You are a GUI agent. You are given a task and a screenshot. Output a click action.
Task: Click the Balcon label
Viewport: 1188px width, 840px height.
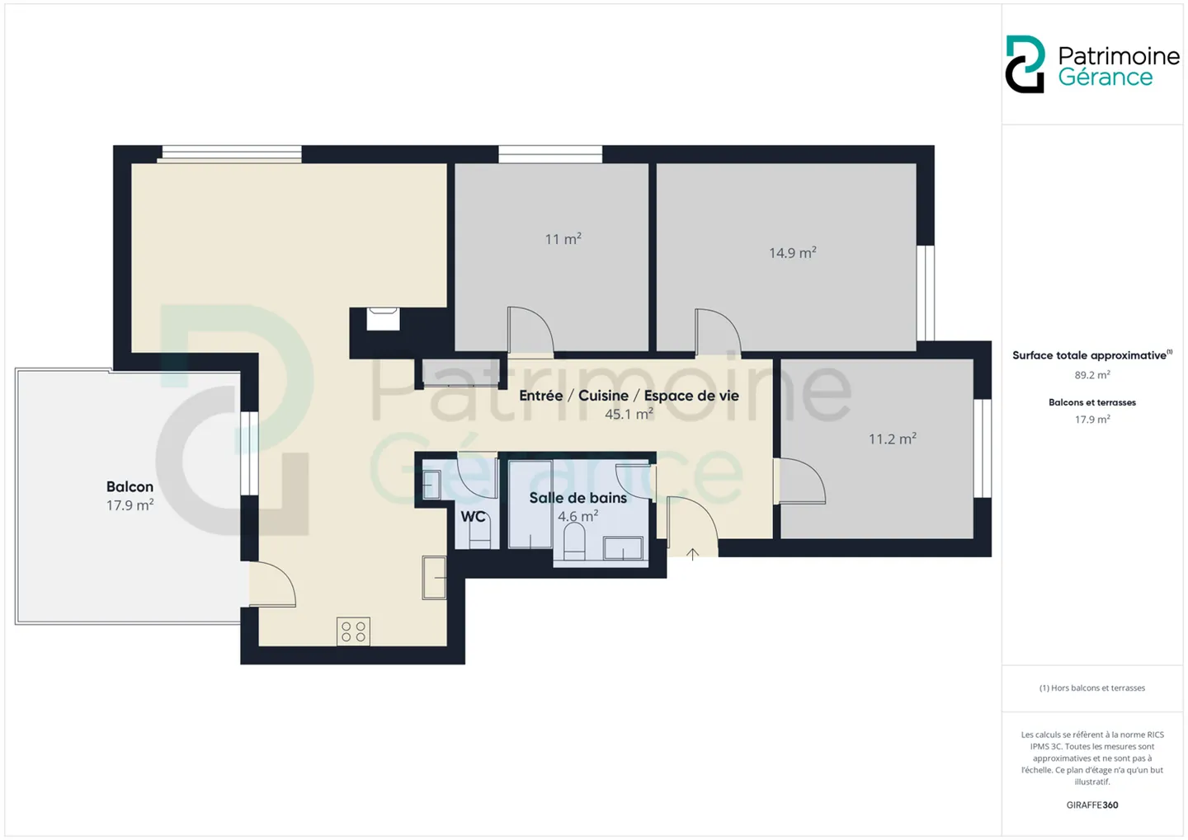point(130,486)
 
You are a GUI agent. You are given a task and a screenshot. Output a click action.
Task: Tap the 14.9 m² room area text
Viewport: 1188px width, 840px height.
point(792,253)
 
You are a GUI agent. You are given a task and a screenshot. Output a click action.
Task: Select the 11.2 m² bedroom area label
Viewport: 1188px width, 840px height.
point(892,439)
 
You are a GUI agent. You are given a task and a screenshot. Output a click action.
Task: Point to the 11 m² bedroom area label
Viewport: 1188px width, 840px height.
point(563,239)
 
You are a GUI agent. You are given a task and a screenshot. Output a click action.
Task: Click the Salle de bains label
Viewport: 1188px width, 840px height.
point(578,498)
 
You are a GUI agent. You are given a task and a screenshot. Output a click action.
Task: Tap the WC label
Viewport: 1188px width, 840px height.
point(473,516)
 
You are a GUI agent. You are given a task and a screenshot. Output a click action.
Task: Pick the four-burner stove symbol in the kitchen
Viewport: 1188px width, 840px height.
point(353,631)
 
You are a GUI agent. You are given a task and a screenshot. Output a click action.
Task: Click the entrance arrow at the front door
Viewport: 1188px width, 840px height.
point(692,554)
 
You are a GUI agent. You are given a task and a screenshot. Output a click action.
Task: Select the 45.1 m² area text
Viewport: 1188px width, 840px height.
point(629,414)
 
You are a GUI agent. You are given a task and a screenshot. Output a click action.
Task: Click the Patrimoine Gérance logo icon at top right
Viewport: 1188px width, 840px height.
point(1025,64)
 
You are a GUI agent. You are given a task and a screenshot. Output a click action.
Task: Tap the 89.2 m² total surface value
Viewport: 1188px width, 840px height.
point(1092,375)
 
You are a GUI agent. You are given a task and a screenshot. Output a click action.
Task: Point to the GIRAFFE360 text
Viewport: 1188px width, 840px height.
point(1092,805)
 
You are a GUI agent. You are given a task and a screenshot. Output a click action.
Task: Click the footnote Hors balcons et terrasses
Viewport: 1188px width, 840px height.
point(1092,687)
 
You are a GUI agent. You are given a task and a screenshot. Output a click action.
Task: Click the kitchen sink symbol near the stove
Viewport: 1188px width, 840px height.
point(434,578)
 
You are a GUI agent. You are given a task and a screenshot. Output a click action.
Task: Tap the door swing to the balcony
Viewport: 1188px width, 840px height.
point(272,584)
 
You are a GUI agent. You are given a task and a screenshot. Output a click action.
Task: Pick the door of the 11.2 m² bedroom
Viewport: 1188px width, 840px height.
point(799,481)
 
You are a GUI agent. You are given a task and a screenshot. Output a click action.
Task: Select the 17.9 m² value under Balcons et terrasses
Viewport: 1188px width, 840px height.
point(1092,420)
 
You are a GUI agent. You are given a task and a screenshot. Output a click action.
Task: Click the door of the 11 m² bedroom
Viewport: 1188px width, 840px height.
point(530,329)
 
